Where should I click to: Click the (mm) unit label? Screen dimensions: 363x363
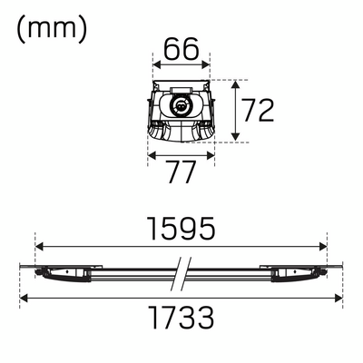[52, 28]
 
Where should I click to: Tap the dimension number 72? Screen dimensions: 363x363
[259, 111]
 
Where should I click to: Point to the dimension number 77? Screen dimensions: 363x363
[181, 172]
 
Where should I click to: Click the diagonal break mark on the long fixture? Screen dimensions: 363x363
[181, 270]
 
